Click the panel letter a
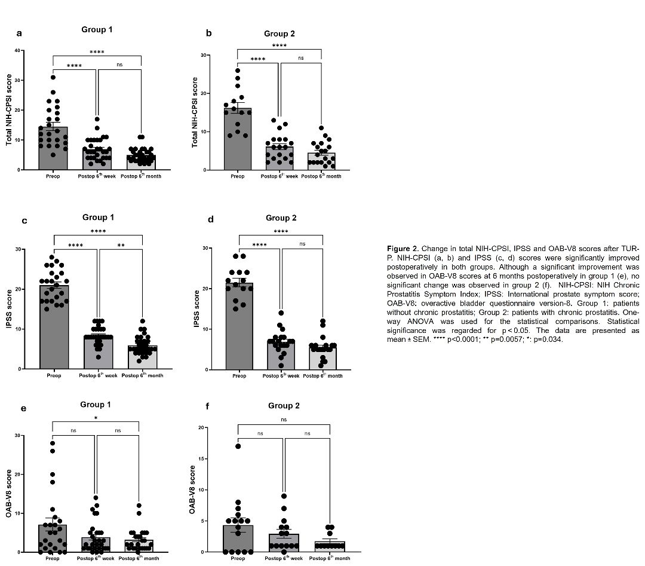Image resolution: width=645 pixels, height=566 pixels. [x=19, y=33]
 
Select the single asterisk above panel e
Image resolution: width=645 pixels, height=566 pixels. [x=96, y=418]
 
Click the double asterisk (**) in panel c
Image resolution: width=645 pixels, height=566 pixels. [x=121, y=245]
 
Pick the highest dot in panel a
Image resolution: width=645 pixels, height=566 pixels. [x=53, y=77]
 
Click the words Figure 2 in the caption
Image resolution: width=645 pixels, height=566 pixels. [x=404, y=247]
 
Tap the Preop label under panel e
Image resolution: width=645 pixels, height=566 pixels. [x=53, y=558]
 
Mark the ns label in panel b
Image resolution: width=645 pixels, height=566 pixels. [x=300, y=58]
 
